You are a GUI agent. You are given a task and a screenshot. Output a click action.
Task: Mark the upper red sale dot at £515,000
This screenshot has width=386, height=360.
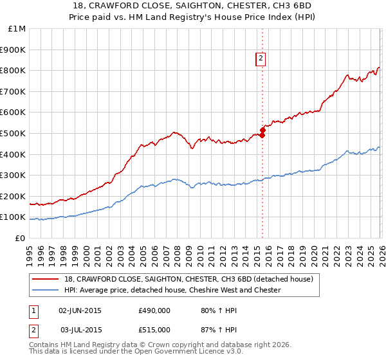click(x=262, y=130)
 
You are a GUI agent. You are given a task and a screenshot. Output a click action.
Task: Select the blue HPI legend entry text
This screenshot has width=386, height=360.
click(x=172, y=290)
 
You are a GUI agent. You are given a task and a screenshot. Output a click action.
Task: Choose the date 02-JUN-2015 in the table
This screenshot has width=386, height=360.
click(x=80, y=310)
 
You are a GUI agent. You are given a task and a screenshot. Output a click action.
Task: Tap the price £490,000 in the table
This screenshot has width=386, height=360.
click(x=154, y=310)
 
